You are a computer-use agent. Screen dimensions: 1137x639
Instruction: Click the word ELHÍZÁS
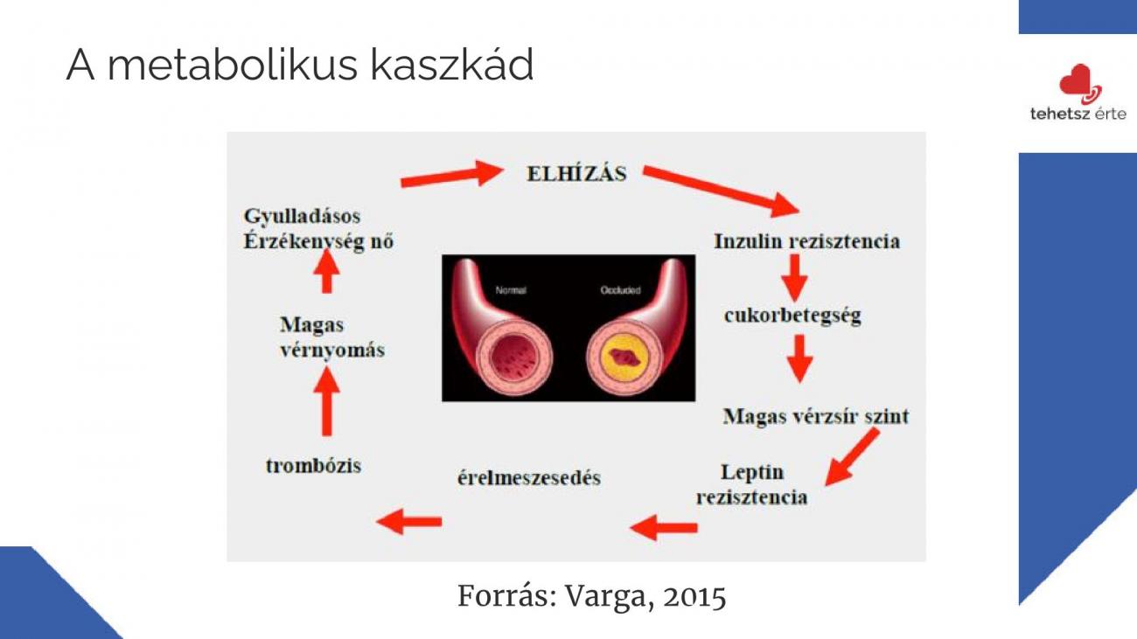point(576,173)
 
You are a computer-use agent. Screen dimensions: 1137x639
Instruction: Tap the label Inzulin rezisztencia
point(806,241)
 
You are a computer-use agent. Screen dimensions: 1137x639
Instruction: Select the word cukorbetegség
point(792,316)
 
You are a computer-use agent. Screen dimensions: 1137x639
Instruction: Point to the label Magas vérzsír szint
point(816,416)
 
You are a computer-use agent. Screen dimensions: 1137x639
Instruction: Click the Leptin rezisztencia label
point(752,484)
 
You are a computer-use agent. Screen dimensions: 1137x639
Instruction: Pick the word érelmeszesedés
point(529,478)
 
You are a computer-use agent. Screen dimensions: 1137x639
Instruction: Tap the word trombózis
point(313,466)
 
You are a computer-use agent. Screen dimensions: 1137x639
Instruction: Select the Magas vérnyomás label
point(332,337)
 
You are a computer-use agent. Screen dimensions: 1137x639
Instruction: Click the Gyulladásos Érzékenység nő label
point(318,229)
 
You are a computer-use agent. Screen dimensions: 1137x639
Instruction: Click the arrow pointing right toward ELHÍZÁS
point(452,174)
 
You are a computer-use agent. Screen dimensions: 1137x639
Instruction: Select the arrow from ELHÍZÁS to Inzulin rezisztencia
point(721,191)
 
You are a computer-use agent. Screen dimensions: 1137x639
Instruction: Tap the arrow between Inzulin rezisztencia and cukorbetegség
point(794,277)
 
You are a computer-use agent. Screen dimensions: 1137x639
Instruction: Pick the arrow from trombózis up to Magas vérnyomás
point(327,400)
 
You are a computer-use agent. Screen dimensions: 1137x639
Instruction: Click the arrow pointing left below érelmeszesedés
point(409,521)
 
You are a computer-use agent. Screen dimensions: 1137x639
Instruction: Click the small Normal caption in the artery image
point(511,290)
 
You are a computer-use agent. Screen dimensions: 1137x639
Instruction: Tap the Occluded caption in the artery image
point(620,290)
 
